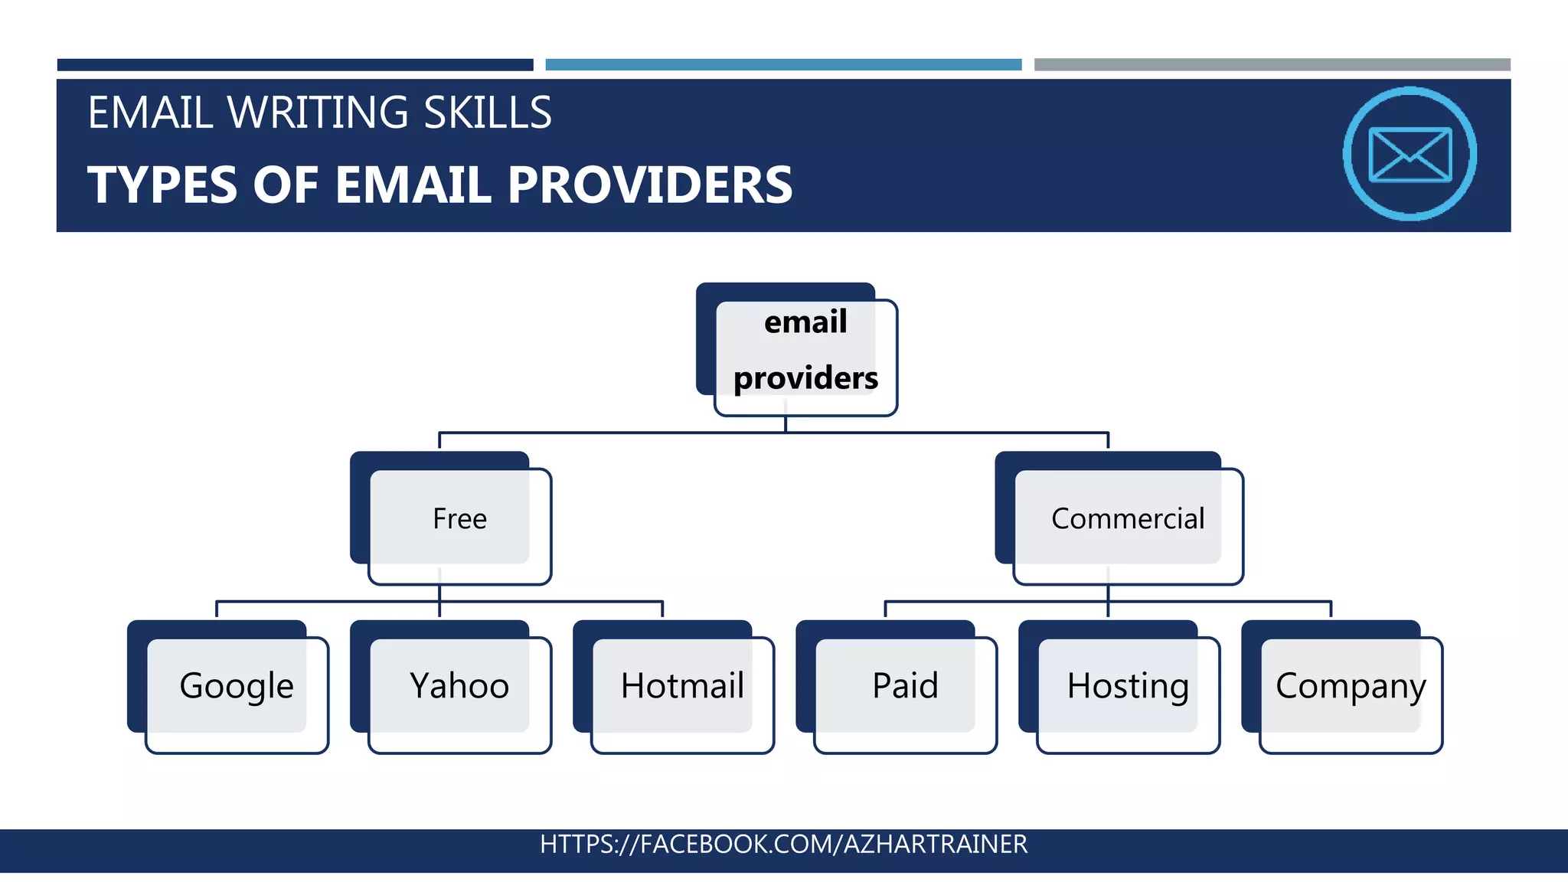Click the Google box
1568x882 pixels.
[237, 686]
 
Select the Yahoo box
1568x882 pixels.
[459, 686]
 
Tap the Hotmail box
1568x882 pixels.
[682, 686]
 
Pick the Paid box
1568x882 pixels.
[905, 686]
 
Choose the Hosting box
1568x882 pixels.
[1128, 686]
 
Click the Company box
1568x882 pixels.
[1351, 686]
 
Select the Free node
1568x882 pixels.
[459, 519]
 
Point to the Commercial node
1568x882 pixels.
[1128, 519]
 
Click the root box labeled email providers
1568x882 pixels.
[805, 351]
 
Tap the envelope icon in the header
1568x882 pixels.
[1410, 154]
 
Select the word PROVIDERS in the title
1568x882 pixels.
[650, 185]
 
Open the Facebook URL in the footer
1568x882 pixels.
[783, 844]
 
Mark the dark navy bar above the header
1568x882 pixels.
[295, 65]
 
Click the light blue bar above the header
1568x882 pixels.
[783, 65]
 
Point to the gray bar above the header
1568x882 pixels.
[1272, 65]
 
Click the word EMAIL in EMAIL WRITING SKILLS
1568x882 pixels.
[150, 113]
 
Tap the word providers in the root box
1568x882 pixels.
[805, 378]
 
